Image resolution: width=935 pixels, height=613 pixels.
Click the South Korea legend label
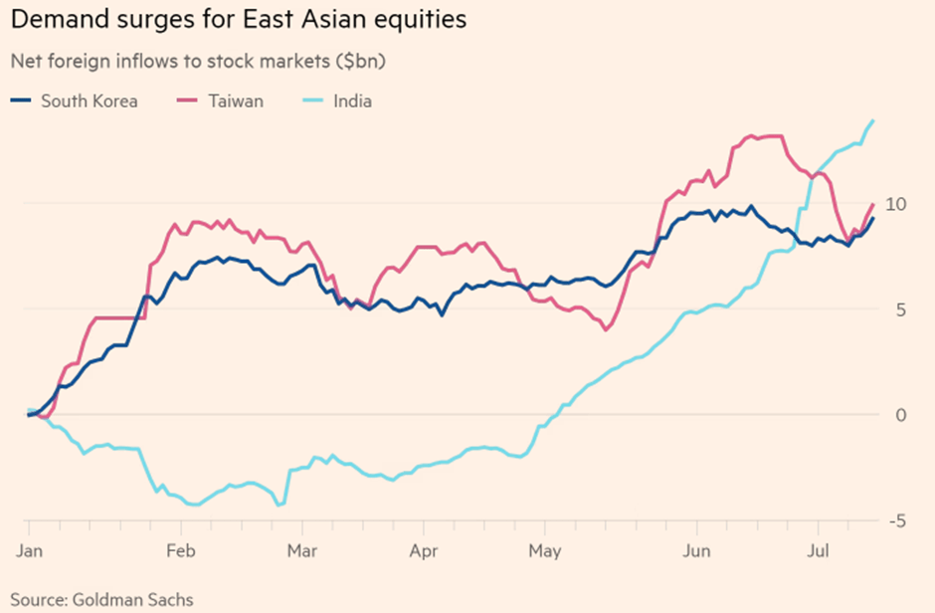click(x=89, y=101)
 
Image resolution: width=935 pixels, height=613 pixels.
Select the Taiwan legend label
click(x=236, y=101)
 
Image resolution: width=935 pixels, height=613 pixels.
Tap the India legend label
click(x=353, y=101)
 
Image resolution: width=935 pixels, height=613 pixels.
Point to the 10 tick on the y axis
click(x=898, y=204)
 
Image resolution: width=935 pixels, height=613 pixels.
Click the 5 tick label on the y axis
click(x=902, y=309)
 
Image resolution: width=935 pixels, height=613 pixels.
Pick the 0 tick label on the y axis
click(x=902, y=415)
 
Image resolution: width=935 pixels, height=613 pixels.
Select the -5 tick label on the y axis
click(x=899, y=520)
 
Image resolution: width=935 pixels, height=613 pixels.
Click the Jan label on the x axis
click(x=30, y=550)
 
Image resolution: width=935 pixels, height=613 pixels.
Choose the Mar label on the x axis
click(x=301, y=550)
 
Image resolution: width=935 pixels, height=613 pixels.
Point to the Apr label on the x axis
click(x=424, y=550)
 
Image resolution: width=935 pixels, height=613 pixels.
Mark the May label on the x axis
click(x=544, y=550)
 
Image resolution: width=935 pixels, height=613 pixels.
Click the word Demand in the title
click(x=55, y=19)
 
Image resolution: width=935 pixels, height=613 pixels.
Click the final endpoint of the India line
click(x=872, y=120)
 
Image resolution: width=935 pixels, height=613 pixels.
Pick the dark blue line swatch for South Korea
click(x=22, y=101)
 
